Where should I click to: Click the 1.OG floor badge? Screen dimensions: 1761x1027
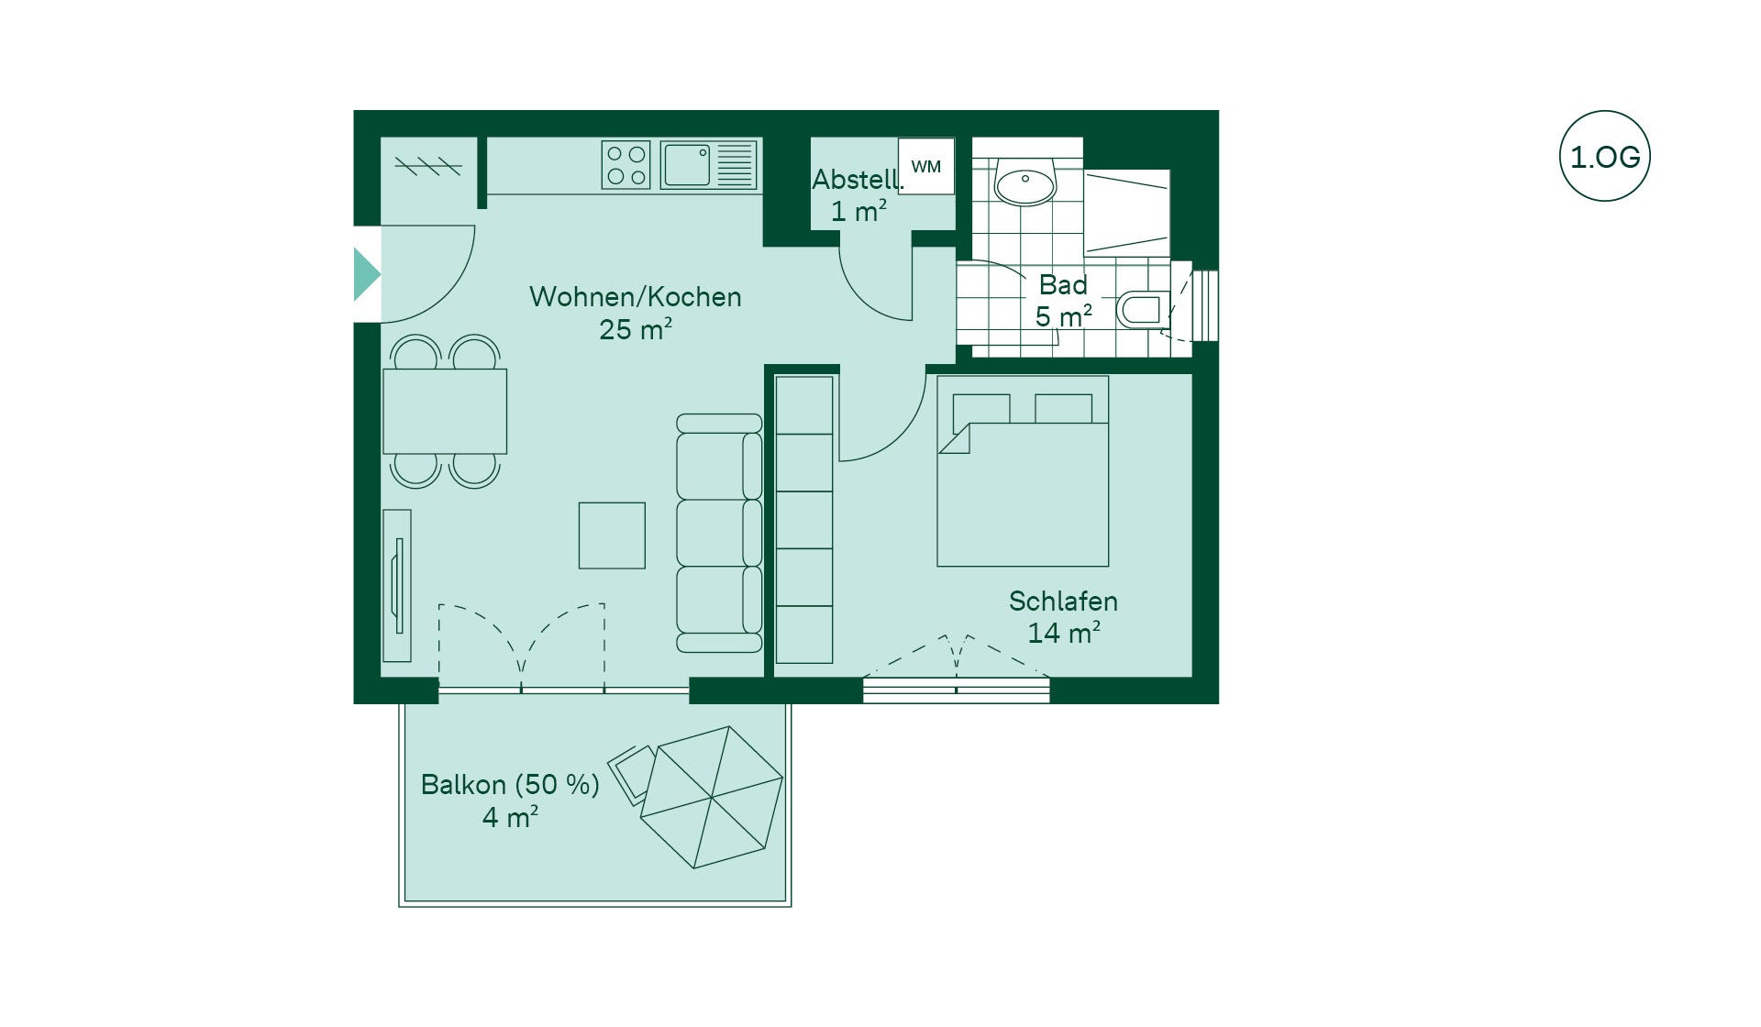click(1604, 156)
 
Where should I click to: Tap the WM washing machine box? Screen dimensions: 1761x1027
click(926, 166)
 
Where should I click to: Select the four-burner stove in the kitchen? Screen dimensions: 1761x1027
click(626, 165)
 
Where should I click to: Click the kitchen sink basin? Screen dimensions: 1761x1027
click(686, 165)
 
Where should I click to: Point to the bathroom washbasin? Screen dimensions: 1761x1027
click(1025, 185)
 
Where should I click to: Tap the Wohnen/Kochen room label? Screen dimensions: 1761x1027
click(635, 297)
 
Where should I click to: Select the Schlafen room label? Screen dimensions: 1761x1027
click(1063, 602)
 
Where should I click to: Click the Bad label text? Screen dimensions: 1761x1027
click(1063, 285)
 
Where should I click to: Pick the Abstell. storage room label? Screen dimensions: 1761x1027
click(858, 180)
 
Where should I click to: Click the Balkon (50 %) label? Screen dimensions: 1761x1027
click(510, 785)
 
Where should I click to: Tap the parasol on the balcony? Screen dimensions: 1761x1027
click(712, 797)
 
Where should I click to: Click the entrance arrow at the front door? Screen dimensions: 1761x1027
click(367, 274)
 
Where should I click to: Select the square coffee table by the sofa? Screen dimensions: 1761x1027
click(612, 536)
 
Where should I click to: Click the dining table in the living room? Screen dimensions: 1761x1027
click(445, 411)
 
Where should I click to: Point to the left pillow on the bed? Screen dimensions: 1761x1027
click(981, 409)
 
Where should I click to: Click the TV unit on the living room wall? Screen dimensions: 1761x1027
click(397, 586)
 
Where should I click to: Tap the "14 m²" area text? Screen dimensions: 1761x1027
click(1064, 633)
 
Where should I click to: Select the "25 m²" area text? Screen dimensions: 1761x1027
click(636, 329)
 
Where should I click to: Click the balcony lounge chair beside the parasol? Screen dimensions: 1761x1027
click(632, 772)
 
